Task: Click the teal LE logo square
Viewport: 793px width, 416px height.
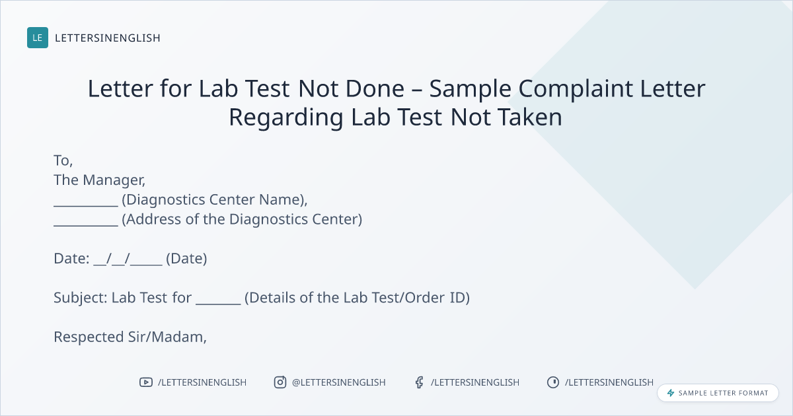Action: pyautogui.click(x=38, y=38)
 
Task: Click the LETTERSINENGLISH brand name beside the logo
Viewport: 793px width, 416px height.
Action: pyautogui.click(x=108, y=38)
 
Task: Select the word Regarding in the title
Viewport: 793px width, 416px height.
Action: pyautogui.click(x=286, y=118)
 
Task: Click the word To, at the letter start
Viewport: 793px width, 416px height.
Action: pyautogui.click(x=63, y=160)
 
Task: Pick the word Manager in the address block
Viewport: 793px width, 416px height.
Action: pyautogui.click(x=114, y=181)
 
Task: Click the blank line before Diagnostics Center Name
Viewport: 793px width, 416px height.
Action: pyautogui.click(x=86, y=206)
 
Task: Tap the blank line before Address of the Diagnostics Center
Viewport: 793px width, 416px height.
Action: pyautogui.click(x=86, y=225)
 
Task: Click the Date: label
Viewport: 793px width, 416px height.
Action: pyautogui.click(x=71, y=259)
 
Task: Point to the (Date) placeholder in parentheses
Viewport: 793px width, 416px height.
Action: pyautogui.click(x=186, y=259)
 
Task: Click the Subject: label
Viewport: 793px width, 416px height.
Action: pyautogui.click(x=81, y=298)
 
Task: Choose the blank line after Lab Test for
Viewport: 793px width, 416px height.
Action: pyautogui.click(x=218, y=304)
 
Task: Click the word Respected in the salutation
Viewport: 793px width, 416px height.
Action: pyautogui.click(x=89, y=337)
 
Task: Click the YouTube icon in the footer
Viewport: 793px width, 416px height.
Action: pyautogui.click(x=146, y=382)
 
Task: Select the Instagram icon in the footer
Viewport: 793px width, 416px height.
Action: pyautogui.click(x=280, y=382)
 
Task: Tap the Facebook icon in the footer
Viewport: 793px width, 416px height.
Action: pyautogui.click(x=419, y=382)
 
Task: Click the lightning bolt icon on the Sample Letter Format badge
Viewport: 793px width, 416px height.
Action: pyautogui.click(x=671, y=393)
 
